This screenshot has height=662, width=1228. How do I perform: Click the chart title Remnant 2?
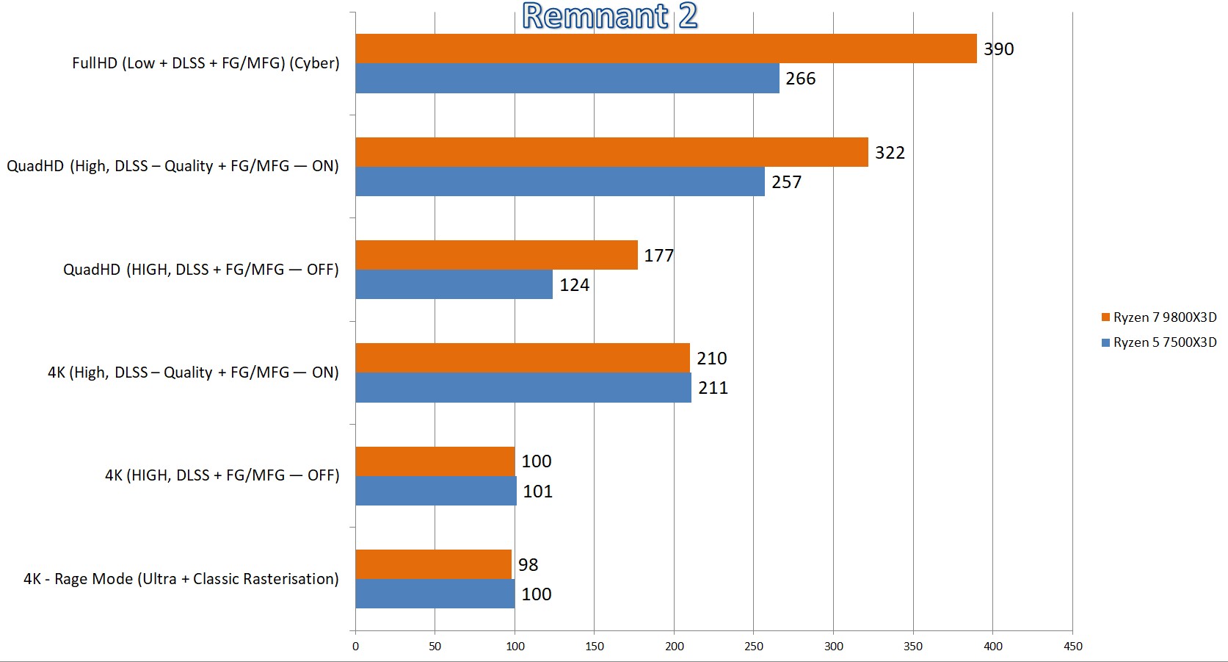tap(609, 16)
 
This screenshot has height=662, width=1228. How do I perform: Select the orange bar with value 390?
tap(665, 48)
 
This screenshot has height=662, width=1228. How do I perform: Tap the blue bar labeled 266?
tap(567, 79)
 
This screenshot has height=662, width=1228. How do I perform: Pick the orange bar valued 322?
tap(611, 152)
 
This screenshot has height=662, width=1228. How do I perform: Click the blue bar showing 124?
tap(454, 284)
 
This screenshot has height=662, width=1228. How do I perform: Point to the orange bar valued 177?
tap(496, 255)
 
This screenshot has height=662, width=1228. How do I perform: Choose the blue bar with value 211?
tap(523, 388)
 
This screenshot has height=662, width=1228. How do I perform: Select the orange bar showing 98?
tap(433, 564)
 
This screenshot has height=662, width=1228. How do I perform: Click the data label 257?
tap(786, 182)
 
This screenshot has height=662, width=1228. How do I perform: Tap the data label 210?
tap(711, 359)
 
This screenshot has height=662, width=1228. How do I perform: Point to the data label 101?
tap(537, 492)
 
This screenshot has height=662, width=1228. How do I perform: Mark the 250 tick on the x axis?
tap(754, 647)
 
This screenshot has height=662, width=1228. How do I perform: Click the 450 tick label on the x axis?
tap(1072, 647)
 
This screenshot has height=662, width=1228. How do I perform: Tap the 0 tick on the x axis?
tap(355, 647)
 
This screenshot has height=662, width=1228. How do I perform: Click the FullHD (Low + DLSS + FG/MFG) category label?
tap(206, 63)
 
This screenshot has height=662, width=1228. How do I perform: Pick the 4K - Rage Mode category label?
tap(181, 579)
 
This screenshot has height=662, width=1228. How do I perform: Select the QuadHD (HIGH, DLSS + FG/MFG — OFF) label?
tap(201, 270)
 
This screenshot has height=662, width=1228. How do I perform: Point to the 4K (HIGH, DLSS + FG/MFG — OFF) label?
tap(222, 475)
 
